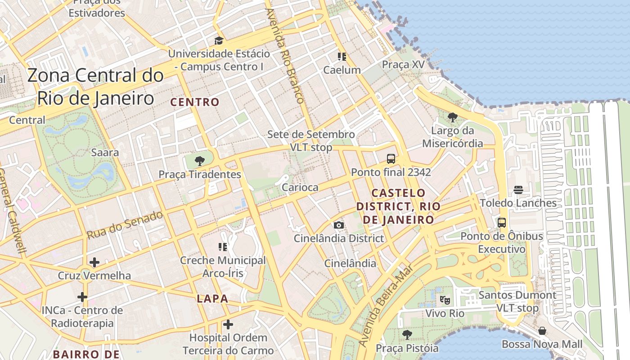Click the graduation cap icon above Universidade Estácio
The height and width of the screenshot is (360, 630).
coord(219,40)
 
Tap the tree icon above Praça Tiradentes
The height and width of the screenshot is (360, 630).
coord(199,161)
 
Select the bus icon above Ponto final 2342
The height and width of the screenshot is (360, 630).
coord(391,159)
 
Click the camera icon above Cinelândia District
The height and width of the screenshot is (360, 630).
coord(338,225)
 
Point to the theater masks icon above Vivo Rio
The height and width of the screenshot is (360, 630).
coord(445,300)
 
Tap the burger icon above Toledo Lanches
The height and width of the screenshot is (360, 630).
coord(518,190)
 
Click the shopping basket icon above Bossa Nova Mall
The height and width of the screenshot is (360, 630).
coord(542,331)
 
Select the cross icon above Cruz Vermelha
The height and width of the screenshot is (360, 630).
coord(94,262)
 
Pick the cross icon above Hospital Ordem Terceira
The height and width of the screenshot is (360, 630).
coord(228,324)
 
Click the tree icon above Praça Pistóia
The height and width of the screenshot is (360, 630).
coord(407,335)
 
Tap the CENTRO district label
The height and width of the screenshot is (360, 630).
coord(195,102)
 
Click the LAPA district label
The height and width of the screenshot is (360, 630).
coord(212,298)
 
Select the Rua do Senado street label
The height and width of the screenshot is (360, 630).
coord(125,225)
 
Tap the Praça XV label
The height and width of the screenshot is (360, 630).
coord(403,64)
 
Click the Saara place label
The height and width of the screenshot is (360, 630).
coord(105,152)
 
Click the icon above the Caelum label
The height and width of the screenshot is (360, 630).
coord(342,57)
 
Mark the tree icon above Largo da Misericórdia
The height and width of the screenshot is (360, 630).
coord(452,118)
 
